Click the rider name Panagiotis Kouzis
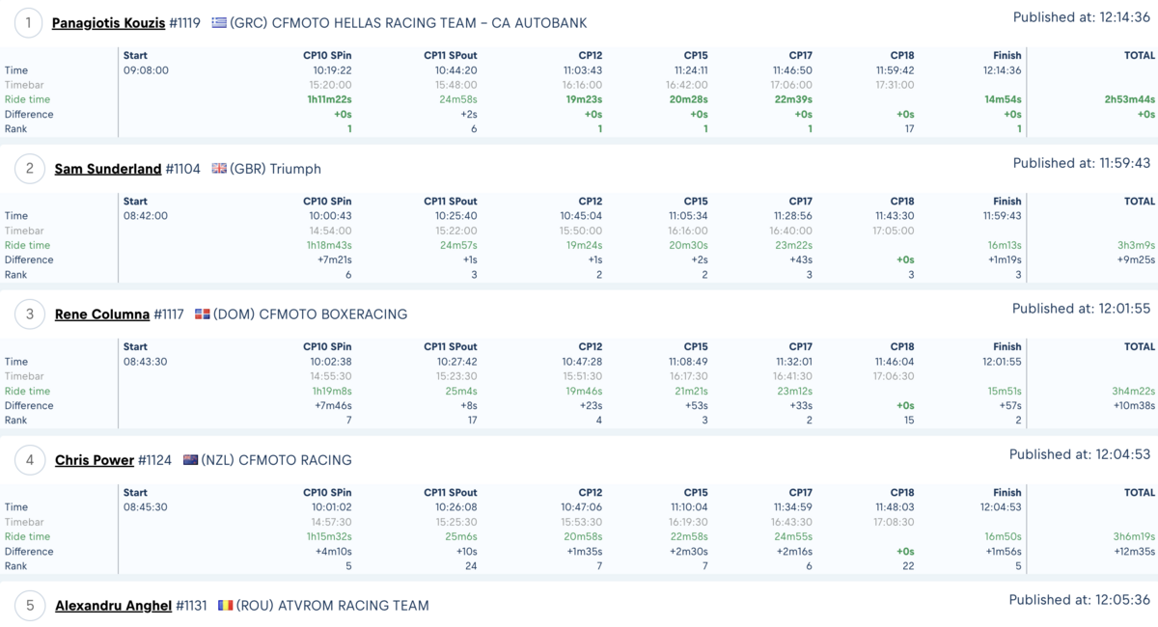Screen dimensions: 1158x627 [108, 23]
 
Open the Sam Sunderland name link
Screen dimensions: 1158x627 [108, 169]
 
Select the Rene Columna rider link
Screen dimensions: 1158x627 [102, 314]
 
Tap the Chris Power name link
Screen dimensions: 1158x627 [95, 460]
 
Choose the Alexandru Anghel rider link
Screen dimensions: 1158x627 [114, 605]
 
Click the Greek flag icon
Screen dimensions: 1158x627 [219, 23]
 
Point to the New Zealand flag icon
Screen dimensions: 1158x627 [190, 459]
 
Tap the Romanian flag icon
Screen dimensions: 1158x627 [226, 605]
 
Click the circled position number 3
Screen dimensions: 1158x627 [30, 314]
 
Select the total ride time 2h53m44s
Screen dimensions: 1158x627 [1130, 99]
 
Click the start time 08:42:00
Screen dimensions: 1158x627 [146, 215]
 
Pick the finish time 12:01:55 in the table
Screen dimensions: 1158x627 [1002, 362]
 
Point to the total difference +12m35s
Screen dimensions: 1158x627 [1134, 551]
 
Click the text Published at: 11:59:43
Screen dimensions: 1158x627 [1082, 163]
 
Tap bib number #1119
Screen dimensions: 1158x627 [184, 23]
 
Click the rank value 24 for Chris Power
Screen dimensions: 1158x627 [471, 566]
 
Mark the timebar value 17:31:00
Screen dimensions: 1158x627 [895, 85]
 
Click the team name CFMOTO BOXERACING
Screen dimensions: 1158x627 [333, 314]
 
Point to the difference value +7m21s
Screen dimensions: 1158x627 [335, 259]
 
